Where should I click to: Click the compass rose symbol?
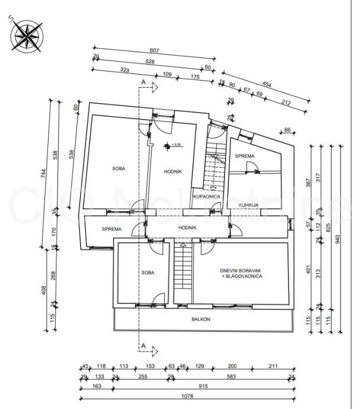(24, 35)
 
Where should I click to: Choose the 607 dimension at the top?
(155, 51)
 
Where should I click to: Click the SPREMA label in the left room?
(111, 229)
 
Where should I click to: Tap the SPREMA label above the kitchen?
(244, 156)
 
